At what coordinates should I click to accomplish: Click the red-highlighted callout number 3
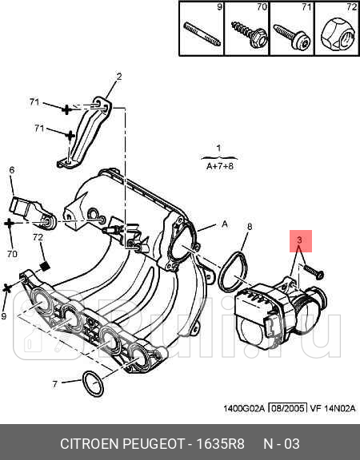pos(299,240)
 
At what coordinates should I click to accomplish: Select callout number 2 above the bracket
pos(118,77)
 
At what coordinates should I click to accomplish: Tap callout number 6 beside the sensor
pos(12,170)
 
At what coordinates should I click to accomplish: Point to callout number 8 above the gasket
pos(249,227)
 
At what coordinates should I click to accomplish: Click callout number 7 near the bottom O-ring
pos(55,385)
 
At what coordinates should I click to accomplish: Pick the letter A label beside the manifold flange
pos(225,225)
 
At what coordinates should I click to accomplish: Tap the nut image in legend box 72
pos(337,34)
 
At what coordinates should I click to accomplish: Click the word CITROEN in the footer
pos(92,443)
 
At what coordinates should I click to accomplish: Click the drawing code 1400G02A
pos(243,410)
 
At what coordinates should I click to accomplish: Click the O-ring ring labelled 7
pos(94,384)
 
